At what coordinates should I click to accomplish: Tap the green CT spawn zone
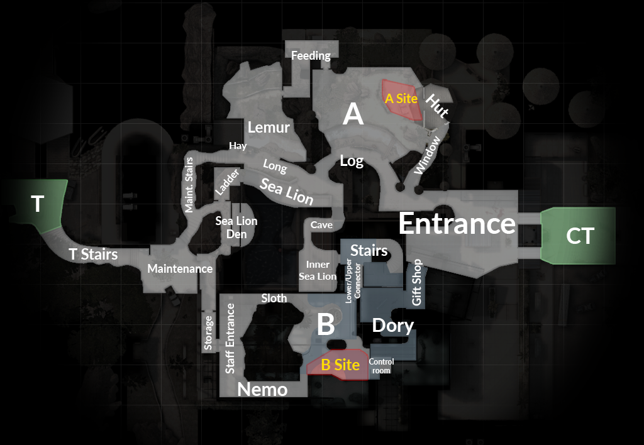tap(579, 236)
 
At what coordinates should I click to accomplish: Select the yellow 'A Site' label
tap(401, 99)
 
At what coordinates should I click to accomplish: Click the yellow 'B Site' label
tap(340, 365)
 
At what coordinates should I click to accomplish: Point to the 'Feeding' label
tap(311, 56)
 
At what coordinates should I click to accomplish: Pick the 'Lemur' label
tap(269, 128)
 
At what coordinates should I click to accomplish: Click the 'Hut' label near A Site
tap(437, 106)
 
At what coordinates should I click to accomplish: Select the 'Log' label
tap(352, 161)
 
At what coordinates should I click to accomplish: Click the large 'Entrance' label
tap(457, 223)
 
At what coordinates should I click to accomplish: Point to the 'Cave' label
tap(321, 225)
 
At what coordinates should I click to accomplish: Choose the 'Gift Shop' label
tap(417, 283)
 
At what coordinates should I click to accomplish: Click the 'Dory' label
tap(393, 325)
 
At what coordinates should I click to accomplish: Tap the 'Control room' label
tap(381, 366)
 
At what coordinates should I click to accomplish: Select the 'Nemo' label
tap(262, 390)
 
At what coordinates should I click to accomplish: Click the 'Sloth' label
tap(274, 298)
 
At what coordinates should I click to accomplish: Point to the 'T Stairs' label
tap(94, 255)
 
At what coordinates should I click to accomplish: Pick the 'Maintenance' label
tap(180, 268)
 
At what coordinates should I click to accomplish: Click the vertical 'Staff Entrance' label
tap(230, 338)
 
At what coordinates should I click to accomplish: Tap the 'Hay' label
tap(237, 146)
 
